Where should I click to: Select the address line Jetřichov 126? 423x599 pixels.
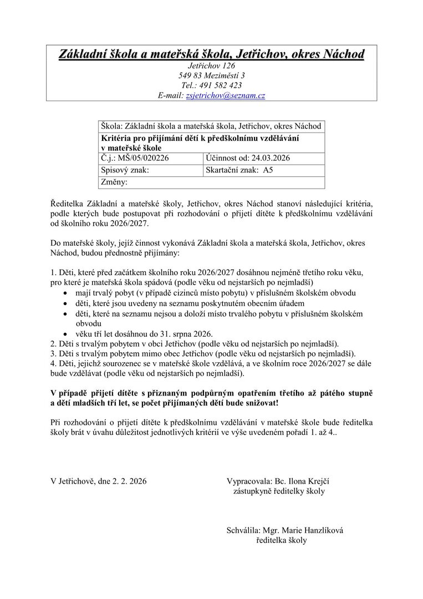point(211,65)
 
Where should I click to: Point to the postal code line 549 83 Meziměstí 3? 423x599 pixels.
point(211,75)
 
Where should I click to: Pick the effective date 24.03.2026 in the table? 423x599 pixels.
point(267,158)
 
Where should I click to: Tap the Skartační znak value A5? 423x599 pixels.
point(260,170)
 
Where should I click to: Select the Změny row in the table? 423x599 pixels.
point(211,182)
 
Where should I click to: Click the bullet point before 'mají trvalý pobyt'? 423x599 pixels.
point(66,293)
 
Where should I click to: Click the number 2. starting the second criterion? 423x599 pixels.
point(53,343)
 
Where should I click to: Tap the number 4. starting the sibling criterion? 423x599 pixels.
point(53,364)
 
